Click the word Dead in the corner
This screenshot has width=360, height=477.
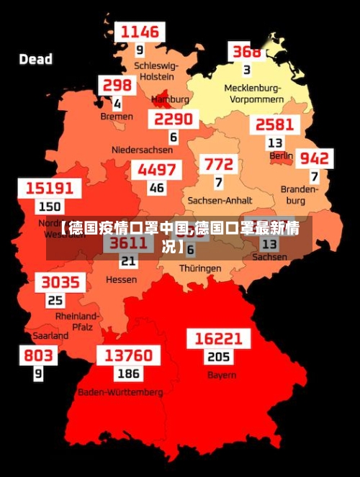click(x=36, y=59)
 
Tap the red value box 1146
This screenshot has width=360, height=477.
click(x=140, y=32)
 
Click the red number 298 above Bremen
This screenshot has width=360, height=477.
click(x=118, y=86)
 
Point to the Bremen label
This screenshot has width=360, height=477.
click(x=117, y=116)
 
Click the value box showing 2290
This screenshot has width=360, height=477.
click(x=174, y=119)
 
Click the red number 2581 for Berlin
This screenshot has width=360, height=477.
click(x=274, y=124)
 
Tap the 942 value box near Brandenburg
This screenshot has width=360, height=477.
click(x=315, y=158)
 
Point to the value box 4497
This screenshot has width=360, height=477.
click(x=156, y=170)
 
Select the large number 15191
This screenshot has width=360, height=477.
click(x=50, y=188)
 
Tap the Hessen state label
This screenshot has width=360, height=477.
click(x=121, y=279)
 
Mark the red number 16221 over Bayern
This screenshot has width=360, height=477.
click(x=218, y=339)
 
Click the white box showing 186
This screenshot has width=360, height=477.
click(x=129, y=374)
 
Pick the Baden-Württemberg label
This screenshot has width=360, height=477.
click(x=120, y=393)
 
